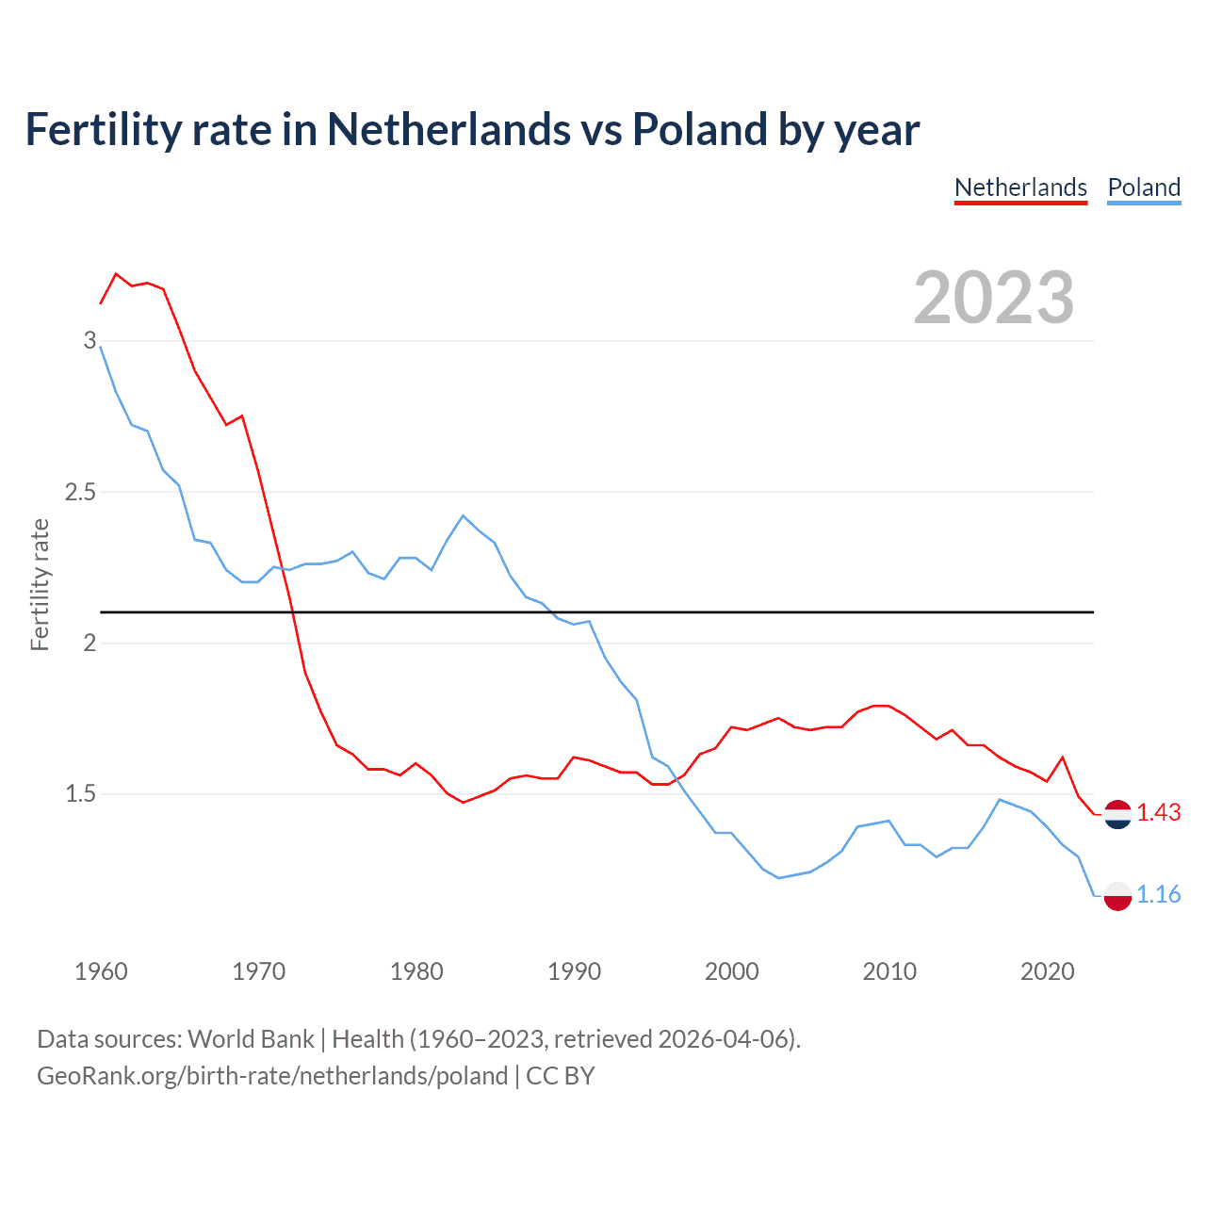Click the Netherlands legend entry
1020,187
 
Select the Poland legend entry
1144,187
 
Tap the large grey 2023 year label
994,298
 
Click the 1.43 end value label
1158,812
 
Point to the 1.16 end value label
1158,894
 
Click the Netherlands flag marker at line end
1117,814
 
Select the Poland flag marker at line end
1117,895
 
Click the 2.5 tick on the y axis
80,492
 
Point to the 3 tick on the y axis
90,340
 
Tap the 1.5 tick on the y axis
80,794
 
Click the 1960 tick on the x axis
101,971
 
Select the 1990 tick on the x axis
574,971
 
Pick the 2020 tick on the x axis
1047,971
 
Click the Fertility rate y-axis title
40,584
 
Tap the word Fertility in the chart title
102,129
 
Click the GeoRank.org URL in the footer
272,1076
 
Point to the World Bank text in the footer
251,1039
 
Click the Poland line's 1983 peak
463,515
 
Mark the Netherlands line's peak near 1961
116,274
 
